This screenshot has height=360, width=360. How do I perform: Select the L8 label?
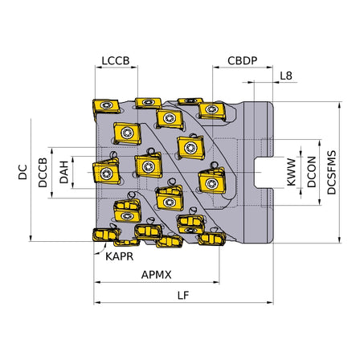pos(286,76)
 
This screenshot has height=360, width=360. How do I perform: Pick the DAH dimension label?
pos(64,170)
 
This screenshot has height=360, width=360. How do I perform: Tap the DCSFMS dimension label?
pos(333,170)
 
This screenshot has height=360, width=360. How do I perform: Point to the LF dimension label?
pos(183,295)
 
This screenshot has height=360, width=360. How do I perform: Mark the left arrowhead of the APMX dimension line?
pos(98,283)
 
